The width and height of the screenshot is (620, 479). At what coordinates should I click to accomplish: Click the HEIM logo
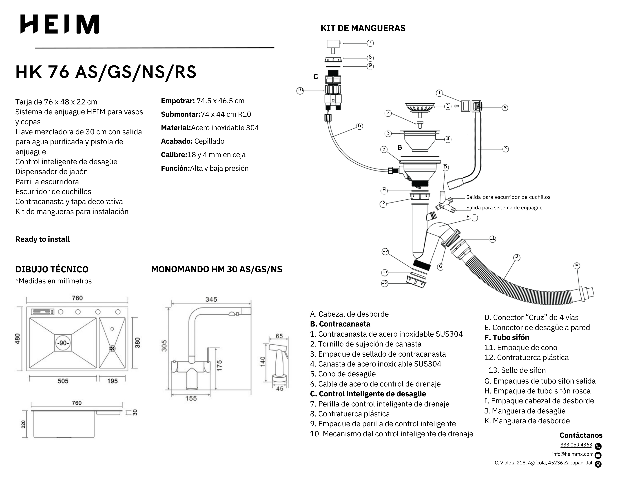click(x=60, y=24)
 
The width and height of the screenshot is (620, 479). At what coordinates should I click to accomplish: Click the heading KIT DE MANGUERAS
click(x=363, y=28)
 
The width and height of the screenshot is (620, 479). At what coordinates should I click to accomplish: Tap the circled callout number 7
click(x=370, y=43)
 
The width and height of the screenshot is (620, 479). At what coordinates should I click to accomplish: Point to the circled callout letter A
click(x=505, y=108)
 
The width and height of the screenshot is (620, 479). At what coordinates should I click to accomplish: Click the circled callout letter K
click(x=506, y=149)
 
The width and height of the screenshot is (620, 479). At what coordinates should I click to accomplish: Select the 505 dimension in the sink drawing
click(x=63, y=381)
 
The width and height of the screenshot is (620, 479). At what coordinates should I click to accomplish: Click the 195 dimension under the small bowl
click(x=112, y=381)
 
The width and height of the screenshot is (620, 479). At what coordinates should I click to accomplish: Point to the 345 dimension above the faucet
click(x=211, y=299)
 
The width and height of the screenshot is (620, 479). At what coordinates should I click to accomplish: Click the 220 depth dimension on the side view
click(x=23, y=424)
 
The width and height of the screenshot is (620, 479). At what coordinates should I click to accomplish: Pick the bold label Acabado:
click(x=177, y=141)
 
